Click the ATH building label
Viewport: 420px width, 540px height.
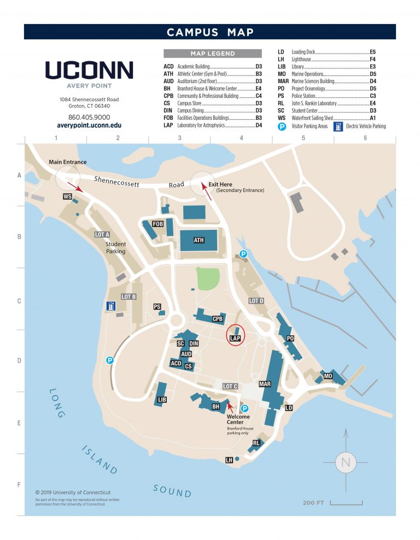click(199, 240)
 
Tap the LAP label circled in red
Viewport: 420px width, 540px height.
click(235, 339)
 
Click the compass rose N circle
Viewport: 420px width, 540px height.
click(345, 462)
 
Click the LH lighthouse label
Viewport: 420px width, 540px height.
click(229, 460)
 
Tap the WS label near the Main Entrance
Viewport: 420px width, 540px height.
click(67, 196)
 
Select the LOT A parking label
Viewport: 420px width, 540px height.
click(102, 235)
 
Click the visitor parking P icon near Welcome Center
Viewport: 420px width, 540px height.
click(245, 408)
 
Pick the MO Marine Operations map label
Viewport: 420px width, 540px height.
click(328, 376)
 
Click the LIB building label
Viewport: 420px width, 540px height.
click(161, 400)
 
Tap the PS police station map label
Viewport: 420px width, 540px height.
click(157, 306)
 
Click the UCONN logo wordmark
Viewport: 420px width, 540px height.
click(89, 70)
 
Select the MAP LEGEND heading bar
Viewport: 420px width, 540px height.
click(212, 54)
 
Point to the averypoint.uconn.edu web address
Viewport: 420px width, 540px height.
click(89, 125)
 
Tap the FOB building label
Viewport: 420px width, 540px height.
click(157, 224)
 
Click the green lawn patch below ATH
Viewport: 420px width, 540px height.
click(208, 279)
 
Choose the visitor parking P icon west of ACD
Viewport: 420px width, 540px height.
click(110, 360)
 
